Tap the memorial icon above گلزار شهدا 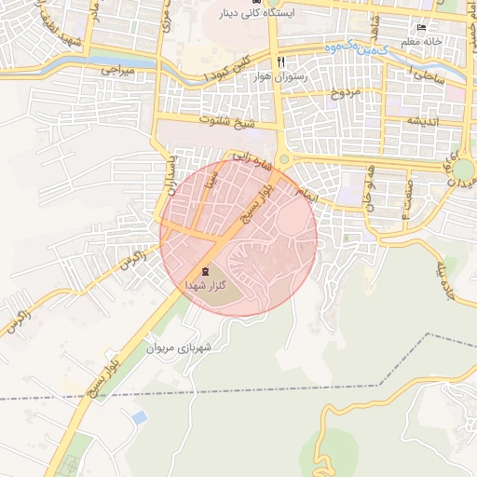[205, 271]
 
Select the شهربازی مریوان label [178, 347]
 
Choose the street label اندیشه [416, 121]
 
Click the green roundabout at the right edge [463, 170]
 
